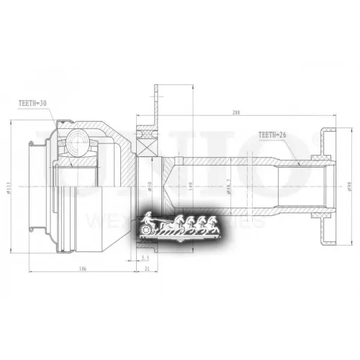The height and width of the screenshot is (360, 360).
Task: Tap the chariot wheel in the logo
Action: click(148, 229)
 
